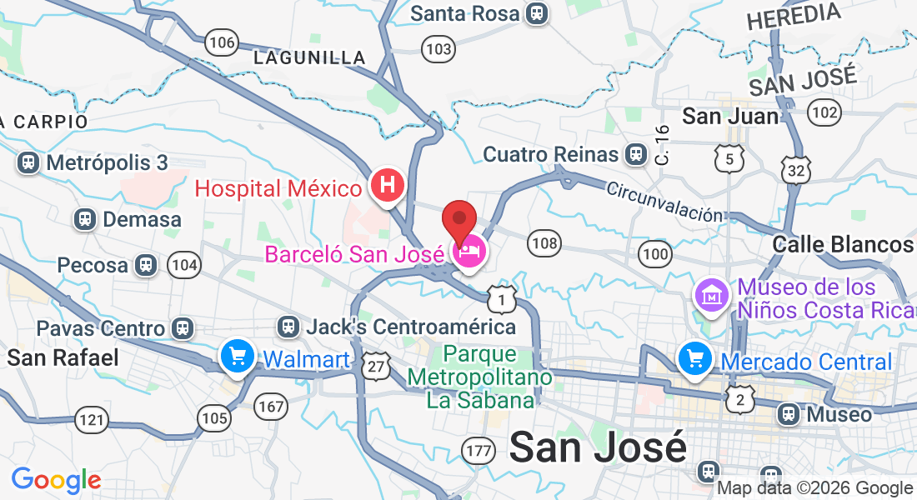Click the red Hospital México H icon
coord(387,185)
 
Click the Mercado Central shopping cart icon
coord(694,359)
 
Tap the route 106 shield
coord(223,42)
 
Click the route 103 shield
coord(438,50)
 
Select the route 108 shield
coord(544,243)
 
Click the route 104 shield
coord(184,266)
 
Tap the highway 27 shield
coord(377,366)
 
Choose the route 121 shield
coord(91,418)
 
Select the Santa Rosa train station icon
coord(536,13)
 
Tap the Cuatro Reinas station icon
coord(636,154)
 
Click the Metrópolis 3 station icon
coord(29,162)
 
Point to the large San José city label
coord(598,447)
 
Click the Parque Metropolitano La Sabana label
coord(479,377)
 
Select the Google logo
coord(56,480)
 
